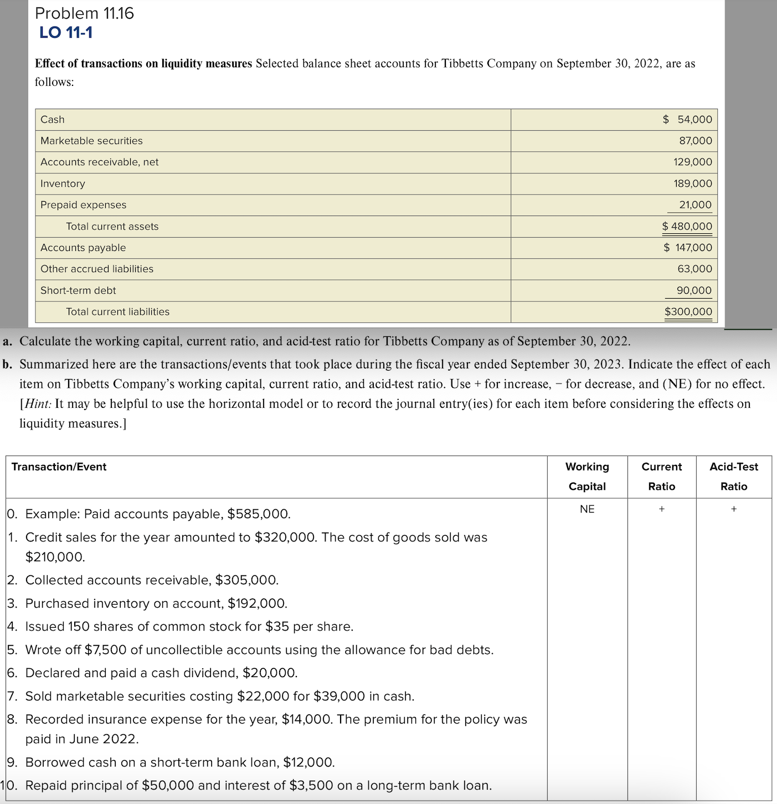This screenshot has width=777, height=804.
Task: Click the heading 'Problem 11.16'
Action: (84, 13)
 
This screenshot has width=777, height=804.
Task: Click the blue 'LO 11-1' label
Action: (66, 33)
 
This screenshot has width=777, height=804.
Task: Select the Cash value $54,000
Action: (688, 119)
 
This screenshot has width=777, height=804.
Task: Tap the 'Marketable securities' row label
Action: (91, 141)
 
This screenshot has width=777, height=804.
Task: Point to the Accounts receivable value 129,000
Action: (692, 162)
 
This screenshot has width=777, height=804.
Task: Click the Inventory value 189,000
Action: (692, 183)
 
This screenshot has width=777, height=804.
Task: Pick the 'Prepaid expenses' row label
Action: (83, 205)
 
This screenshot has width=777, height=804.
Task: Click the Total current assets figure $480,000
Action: (687, 226)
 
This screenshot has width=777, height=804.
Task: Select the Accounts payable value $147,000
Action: (688, 248)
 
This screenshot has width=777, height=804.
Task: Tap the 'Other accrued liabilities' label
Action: (97, 269)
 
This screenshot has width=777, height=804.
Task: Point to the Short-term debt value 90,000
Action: (693, 290)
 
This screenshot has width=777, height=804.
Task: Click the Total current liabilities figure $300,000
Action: (688, 311)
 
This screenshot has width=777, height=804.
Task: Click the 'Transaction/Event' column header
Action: (59, 467)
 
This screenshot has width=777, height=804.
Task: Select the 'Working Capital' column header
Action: (587, 477)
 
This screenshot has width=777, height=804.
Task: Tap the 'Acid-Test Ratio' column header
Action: (733, 477)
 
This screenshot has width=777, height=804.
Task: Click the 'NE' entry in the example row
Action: (587, 509)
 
